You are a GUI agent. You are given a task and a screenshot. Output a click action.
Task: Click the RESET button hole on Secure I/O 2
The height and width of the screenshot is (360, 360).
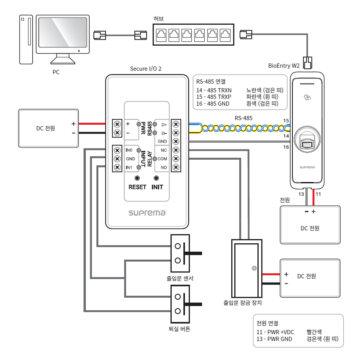(137, 178)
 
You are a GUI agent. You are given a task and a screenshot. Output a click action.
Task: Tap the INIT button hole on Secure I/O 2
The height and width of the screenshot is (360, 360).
(156, 178)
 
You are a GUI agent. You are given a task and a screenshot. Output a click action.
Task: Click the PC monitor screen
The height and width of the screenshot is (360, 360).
(63, 35)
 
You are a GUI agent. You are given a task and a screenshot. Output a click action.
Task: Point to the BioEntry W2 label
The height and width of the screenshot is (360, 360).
(284, 66)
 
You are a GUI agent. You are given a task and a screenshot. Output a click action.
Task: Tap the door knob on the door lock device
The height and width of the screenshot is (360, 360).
(254, 268)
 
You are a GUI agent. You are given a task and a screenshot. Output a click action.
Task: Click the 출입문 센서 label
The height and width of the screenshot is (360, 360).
(180, 278)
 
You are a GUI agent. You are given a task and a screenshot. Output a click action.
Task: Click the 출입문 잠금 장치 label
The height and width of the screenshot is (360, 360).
(243, 303)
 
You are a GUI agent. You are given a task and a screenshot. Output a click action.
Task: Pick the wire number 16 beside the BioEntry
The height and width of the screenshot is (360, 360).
(286, 147)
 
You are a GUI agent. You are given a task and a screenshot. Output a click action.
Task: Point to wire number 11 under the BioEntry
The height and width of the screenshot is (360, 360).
(319, 194)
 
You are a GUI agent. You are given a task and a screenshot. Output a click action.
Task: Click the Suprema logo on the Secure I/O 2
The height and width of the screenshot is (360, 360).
(147, 213)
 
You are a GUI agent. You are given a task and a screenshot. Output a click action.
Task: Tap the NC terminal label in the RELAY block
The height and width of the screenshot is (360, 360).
(164, 150)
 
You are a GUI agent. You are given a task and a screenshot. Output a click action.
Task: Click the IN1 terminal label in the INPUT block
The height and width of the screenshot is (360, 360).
(129, 168)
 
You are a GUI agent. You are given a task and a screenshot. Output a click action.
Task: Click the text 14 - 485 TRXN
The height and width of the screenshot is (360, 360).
(214, 90)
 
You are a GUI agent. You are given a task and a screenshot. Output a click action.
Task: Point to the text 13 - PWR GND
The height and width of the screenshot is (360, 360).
(275, 339)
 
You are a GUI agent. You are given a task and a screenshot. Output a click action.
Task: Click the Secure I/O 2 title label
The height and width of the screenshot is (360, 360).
(146, 68)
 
